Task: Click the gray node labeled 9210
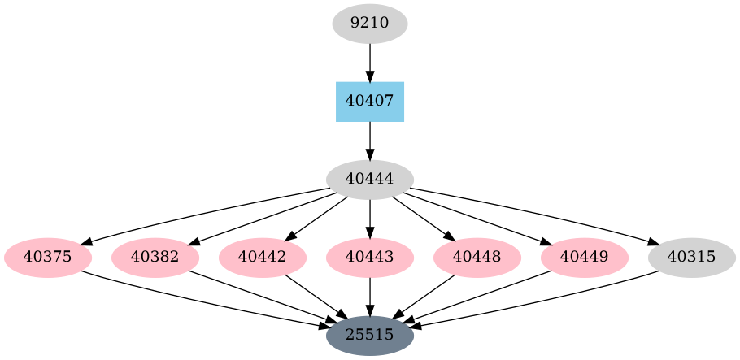[x=370, y=24]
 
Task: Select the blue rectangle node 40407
[x=370, y=102]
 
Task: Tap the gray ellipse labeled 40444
[x=370, y=180]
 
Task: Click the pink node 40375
[x=48, y=258]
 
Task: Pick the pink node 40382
[x=155, y=258]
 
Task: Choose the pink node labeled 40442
[x=263, y=258]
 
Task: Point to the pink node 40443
[x=370, y=258]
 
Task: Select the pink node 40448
[x=477, y=258]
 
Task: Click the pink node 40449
[x=585, y=258]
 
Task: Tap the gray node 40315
[x=692, y=258]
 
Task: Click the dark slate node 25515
[x=370, y=335]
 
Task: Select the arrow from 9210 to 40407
[x=370, y=62]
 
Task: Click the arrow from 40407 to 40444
[x=370, y=140]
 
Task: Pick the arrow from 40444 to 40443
[x=370, y=218]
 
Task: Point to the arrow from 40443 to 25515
[x=370, y=296]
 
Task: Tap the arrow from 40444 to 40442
[x=317, y=218]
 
